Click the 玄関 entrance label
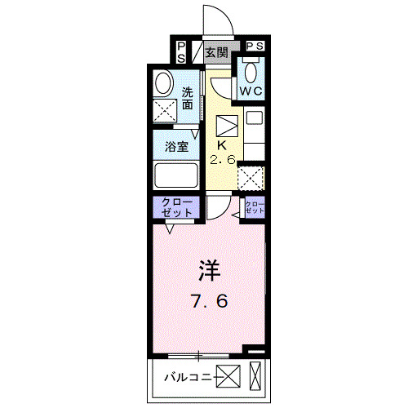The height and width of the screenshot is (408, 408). point(216,54)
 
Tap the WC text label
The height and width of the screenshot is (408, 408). point(250,91)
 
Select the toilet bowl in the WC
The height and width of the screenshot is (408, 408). point(249,71)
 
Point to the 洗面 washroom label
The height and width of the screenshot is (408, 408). point(188,98)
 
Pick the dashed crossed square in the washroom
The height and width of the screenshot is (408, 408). point(166,110)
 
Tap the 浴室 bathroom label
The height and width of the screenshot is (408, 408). point(178,148)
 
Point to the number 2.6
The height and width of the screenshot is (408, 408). point(222,160)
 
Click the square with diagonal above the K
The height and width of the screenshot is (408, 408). point(226,126)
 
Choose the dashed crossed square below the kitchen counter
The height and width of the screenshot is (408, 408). point(253,177)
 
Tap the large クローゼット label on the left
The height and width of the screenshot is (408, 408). point(177,206)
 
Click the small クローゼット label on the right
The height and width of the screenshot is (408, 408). point(255,206)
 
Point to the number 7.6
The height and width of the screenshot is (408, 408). point(209,300)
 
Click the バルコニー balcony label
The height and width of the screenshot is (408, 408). point(188,377)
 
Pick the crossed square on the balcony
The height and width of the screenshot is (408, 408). point(228,377)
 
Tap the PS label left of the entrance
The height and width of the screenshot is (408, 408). point(181,51)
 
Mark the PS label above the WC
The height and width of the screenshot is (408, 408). point(255,47)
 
